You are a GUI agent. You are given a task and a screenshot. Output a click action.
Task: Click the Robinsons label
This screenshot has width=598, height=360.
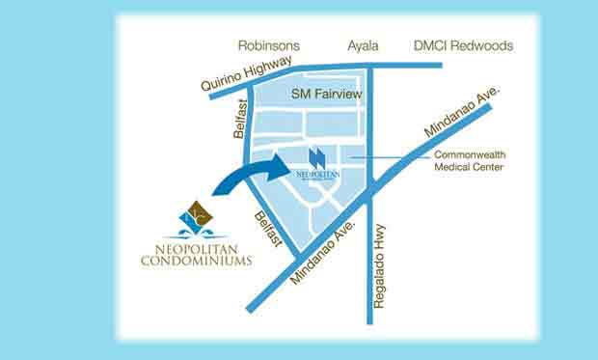coord(269,45)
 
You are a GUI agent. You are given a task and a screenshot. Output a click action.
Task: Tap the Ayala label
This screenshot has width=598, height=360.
coord(364,45)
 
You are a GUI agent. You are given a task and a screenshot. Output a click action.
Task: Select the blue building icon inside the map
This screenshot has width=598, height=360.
coord(318,157)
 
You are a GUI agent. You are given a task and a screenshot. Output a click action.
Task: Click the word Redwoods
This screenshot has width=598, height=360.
coord(483,45)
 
